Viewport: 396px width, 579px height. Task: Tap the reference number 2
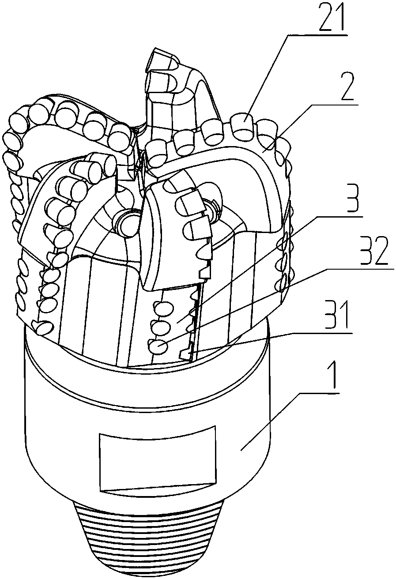coord(349,88)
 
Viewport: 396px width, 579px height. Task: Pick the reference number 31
coord(338,315)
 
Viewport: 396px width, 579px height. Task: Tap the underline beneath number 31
coord(323,334)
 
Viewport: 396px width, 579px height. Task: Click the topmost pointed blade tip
coord(155,49)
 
